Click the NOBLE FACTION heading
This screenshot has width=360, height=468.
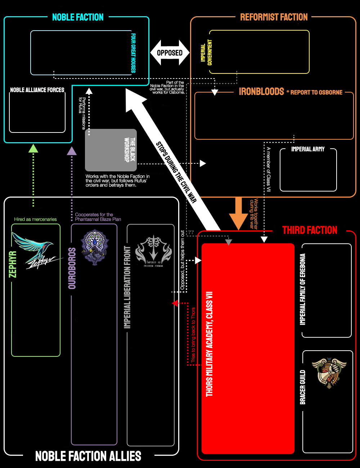(78, 17)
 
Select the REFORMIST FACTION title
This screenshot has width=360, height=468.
(274, 17)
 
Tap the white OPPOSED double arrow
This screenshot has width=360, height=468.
(170, 53)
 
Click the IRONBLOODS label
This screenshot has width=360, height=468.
(261, 92)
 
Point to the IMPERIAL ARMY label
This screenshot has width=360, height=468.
(308, 149)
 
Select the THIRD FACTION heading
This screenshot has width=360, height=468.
(310, 230)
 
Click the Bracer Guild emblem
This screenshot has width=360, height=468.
(329, 373)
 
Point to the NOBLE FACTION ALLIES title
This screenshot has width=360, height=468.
(88, 456)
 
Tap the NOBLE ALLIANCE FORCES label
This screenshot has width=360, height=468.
(37, 90)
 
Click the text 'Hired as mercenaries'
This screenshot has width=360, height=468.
(35, 219)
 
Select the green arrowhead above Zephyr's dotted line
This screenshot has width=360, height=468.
(33, 148)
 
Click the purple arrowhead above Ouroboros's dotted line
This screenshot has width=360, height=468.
(72, 151)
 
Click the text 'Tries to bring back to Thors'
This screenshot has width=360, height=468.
(193, 335)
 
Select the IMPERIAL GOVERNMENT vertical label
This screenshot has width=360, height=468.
(206, 53)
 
